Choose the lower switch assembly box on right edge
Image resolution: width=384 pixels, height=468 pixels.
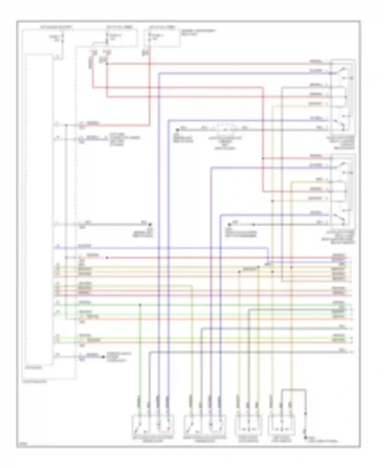(x=343, y=192)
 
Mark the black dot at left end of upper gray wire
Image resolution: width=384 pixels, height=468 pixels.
(x=177, y=130)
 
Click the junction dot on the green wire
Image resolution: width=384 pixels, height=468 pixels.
(x=140, y=305)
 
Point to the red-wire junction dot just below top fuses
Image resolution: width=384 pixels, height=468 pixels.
(x=107, y=63)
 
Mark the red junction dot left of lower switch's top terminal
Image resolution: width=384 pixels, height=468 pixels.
(x=263, y=158)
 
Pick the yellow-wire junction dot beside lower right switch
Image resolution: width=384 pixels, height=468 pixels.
(x=272, y=201)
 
